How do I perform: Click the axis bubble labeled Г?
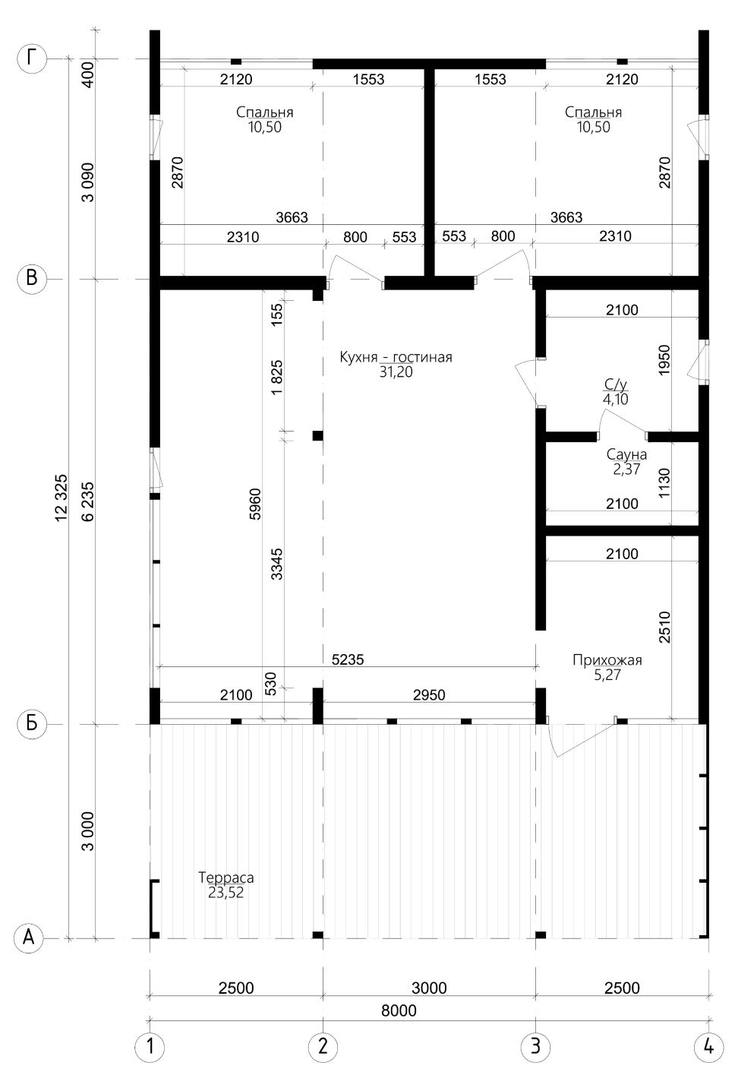pyautogui.click(x=32, y=59)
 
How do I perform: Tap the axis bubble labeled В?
pyautogui.click(x=32, y=279)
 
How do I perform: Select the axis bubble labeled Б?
pyautogui.click(x=32, y=724)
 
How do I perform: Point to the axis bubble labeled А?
pyautogui.click(x=29, y=938)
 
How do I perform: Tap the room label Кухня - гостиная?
pyautogui.click(x=396, y=357)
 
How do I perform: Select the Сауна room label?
pyautogui.click(x=626, y=454)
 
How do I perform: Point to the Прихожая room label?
pyautogui.click(x=607, y=660)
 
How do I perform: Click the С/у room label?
pyautogui.click(x=616, y=384)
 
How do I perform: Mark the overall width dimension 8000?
pyautogui.click(x=399, y=1010)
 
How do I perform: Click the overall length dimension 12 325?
pyautogui.click(x=61, y=498)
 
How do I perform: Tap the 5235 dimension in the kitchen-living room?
pyautogui.click(x=348, y=659)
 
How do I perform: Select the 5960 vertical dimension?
pyautogui.click(x=255, y=504)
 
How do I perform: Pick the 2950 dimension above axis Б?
pyautogui.click(x=429, y=694)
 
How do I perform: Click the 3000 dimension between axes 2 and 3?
pyautogui.click(x=429, y=988)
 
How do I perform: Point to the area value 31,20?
pyautogui.click(x=396, y=372)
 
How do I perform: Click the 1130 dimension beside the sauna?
pyautogui.click(x=664, y=482)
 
